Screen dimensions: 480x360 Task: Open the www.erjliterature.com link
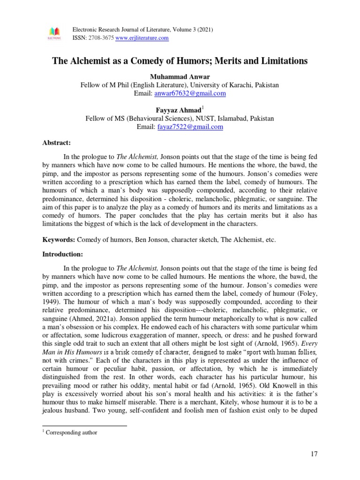click(x=142, y=38)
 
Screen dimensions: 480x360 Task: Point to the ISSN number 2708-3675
click(x=100, y=38)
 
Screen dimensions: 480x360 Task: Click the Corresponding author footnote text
click(x=71, y=433)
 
